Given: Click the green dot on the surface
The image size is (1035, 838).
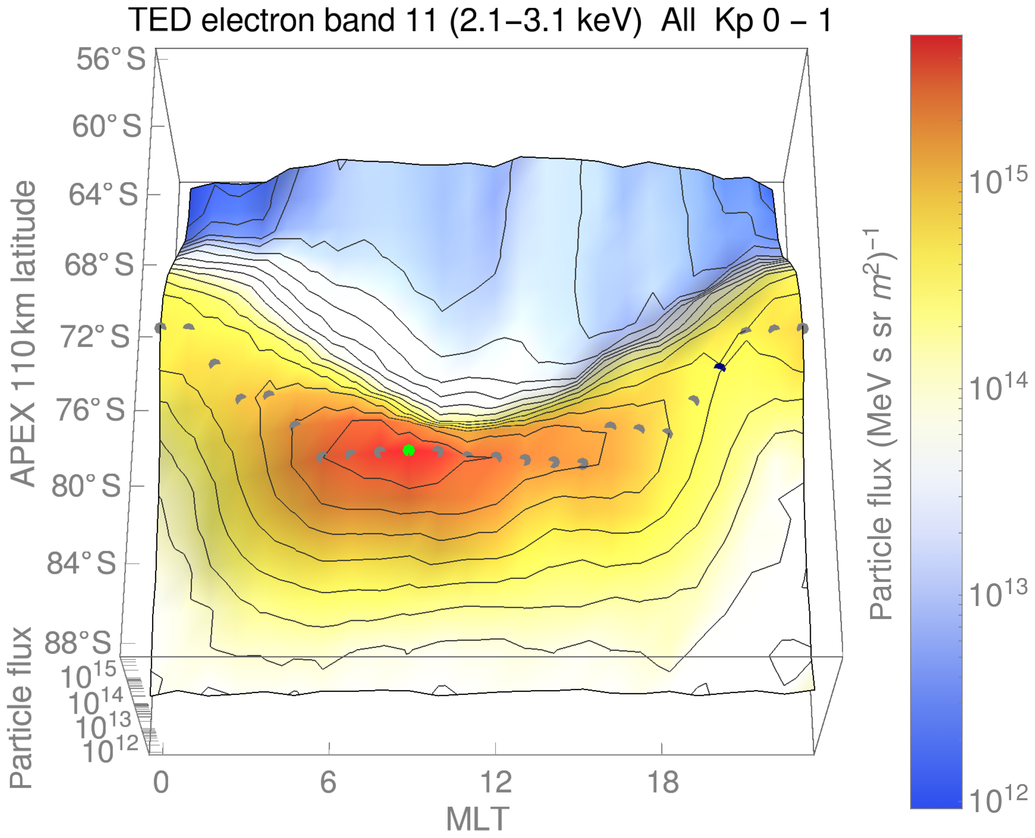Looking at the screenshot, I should coord(409,450).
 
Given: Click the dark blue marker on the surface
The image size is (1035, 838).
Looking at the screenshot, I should coord(720,367).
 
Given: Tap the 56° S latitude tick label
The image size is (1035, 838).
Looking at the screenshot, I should coord(111,59).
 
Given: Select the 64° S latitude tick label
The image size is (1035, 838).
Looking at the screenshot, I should coord(103,195).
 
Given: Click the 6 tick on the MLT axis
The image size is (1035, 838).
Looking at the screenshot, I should coord(328,781).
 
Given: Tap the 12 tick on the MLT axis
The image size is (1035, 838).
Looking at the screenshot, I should coord(496,781).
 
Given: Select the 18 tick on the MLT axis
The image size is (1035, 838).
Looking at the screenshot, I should coord(663,781).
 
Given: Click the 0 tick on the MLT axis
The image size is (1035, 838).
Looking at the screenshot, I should coord(161,781).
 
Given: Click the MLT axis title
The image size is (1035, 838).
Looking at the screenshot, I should coord(477,819).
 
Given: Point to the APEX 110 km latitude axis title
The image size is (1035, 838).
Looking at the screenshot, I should coord(23,333).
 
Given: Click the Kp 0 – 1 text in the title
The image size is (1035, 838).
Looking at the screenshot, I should coord(772,20).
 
